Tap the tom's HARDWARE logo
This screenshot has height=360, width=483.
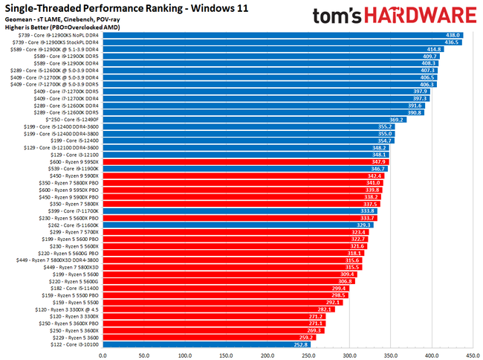click(x=395, y=16)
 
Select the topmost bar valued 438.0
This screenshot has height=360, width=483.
click(x=282, y=35)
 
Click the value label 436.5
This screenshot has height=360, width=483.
click(x=451, y=42)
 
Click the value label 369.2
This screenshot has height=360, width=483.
click(x=396, y=119)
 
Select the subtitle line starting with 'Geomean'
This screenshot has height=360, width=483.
click(x=56, y=19)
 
